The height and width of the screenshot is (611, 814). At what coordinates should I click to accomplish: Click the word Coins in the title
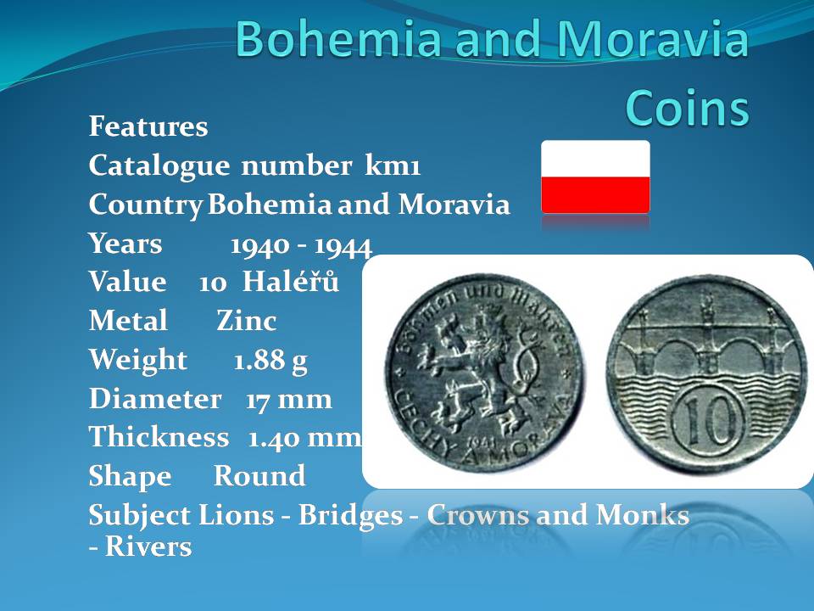(x=688, y=108)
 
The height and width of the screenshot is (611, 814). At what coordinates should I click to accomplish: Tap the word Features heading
(x=148, y=126)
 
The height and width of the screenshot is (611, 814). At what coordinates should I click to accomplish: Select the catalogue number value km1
(x=393, y=165)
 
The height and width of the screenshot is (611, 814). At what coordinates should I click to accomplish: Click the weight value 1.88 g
(x=270, y=360)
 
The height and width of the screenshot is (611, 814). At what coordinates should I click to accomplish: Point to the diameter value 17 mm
(x=288, y=400)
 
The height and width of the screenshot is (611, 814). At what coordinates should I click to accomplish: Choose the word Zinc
(x=247, y=320)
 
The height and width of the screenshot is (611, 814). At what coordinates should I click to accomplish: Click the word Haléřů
(x=291, y=281)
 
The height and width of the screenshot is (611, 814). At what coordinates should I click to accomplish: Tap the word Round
(x=259, y=475)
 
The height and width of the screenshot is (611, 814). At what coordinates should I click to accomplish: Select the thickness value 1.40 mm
(x=304, y=438)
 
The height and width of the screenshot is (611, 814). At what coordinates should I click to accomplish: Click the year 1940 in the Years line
(x=260, y=245)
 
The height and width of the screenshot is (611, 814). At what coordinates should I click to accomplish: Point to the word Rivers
(x=148, y=547)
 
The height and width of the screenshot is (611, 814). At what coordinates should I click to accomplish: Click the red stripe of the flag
(x=595, y=195)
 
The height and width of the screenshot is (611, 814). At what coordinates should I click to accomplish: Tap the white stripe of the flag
(x=595, y=159)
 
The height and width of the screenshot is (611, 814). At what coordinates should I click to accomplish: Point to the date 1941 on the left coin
(x=482, y=442)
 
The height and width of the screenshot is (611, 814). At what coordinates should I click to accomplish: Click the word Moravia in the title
(x=653, y=38)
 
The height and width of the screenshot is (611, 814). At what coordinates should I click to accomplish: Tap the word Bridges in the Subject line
(x=350, y=516)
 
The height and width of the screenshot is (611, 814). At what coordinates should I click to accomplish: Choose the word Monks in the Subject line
(x=643, y=515)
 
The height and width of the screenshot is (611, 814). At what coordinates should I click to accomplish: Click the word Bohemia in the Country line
(x=270, y=205)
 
